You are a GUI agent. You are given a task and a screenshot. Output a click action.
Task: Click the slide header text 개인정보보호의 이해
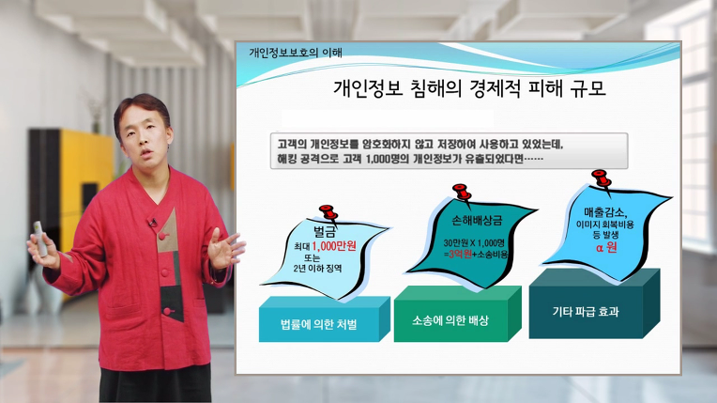coord(296,53)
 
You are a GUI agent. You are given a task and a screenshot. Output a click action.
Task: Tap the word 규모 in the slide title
coord(588,88)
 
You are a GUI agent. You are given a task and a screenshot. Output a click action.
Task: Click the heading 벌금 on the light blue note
coord(325,231)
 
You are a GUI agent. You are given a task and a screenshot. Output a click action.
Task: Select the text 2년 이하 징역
coord(317,269)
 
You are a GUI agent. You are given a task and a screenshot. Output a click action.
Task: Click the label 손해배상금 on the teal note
coord(477,221)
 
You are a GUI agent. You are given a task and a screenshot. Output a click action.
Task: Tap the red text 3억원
coord(460,255)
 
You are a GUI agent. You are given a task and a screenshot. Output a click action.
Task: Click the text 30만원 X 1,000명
coord(474,242)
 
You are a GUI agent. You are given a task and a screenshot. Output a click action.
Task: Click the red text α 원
coord(606,248)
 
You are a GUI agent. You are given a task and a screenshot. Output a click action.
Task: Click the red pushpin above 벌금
coord(328,213)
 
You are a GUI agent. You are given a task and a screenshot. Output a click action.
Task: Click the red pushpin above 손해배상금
coord(462,193)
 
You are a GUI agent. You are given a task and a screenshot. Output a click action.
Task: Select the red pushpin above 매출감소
coord(602,178)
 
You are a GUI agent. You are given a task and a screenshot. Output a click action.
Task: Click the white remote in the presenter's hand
coord(40,239)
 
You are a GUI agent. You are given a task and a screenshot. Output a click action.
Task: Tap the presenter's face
coord(145,137)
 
